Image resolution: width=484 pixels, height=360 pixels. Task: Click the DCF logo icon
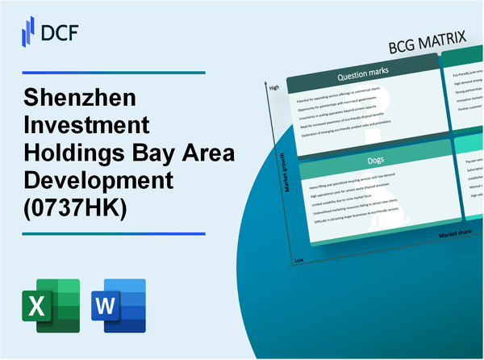pyautogui.click(x=26, y=32)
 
